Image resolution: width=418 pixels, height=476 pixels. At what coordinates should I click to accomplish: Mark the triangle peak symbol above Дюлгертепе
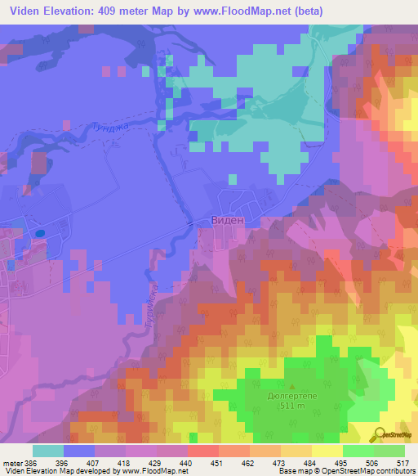click(292, 385)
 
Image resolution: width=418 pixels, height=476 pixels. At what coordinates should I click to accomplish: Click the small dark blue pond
click(38, 232)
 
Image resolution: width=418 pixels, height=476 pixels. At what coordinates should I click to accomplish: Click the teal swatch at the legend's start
click(48, 451)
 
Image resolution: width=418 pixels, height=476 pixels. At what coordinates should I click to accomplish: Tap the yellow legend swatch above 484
click(297, 451)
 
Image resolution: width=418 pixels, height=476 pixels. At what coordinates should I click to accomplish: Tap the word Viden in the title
click(22, 11)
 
